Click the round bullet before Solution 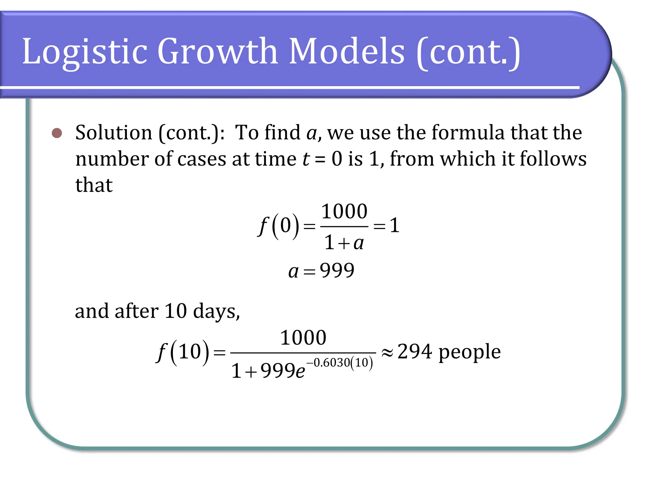[x=57, y=133]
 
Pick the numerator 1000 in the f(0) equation [x=344, y=212]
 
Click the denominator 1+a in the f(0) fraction [x=344, y=242]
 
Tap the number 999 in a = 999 [x=337, y=270]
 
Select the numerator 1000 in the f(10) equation [x=303, y=338]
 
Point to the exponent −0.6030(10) [x=340, y=363]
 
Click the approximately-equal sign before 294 [x=387, y=353]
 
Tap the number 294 [x=414, y=352]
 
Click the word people [x=469, y=353]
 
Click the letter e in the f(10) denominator [x=300, y=372]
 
